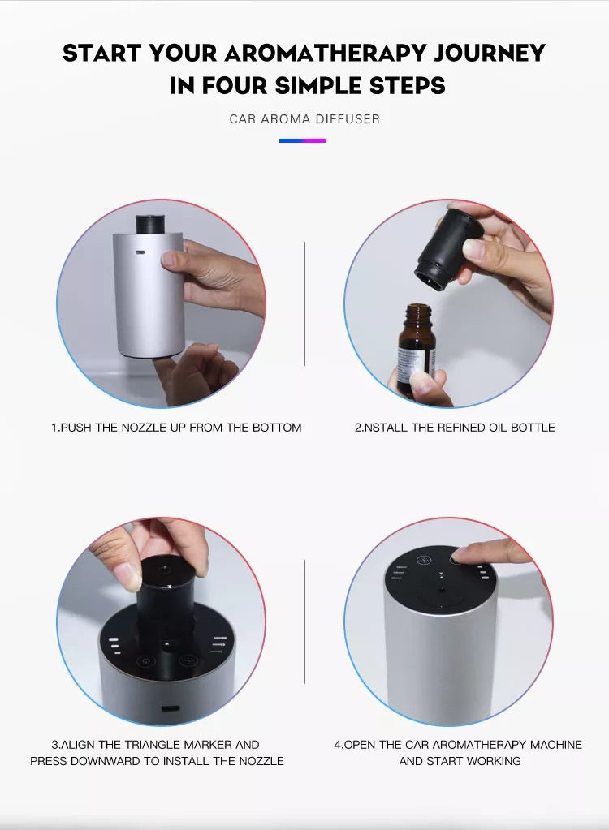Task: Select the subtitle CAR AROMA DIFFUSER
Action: tap(304, 119)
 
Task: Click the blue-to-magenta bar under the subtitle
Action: tap(302, 141)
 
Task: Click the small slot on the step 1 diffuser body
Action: tap(140, 252)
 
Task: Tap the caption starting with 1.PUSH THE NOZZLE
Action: tap(176, 428)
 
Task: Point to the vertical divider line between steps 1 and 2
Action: tap(304, 303)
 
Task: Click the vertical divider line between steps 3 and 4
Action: tap(304, 621)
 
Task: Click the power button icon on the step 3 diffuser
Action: tap(145, 660)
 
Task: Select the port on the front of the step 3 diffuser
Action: tap(171, 708)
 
